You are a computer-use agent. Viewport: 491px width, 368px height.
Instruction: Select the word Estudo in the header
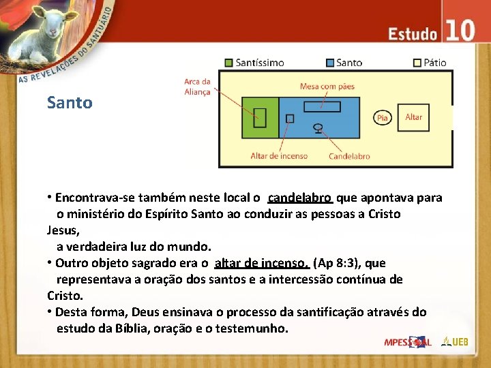click(x=413, y=33)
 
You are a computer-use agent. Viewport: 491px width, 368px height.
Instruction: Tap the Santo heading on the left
click(x=70, y=103)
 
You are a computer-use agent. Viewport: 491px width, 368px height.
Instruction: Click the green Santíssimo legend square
click(x=229, y=63)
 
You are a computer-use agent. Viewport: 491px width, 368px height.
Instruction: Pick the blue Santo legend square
click(x=330, y=63)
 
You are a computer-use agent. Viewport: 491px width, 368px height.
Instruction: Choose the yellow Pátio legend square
click(x=417, y=63)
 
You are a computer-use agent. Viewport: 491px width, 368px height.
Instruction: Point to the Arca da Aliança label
click(x=197, y=87)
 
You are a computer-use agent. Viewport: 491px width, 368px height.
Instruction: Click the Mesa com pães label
click(x=327, y=87)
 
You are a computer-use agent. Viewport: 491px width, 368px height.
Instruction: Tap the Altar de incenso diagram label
click(x=279, y=156)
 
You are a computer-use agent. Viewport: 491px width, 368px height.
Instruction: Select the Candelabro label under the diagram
click(x=349, y=156)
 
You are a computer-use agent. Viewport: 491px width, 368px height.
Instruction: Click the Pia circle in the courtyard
click(x=383, y=118)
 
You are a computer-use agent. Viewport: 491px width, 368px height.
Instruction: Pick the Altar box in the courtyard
click(x=414, y=117)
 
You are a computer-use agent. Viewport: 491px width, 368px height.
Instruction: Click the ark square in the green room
click(x=259, y=118)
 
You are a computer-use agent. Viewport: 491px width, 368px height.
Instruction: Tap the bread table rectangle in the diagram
click(x=322, y=106)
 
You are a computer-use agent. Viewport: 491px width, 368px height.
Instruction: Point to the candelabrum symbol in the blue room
click(x=318, y=127)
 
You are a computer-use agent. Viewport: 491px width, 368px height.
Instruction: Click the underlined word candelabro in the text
click(x=299, y=198)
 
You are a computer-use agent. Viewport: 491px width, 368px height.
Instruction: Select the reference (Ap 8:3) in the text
click(x=338, y=263)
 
